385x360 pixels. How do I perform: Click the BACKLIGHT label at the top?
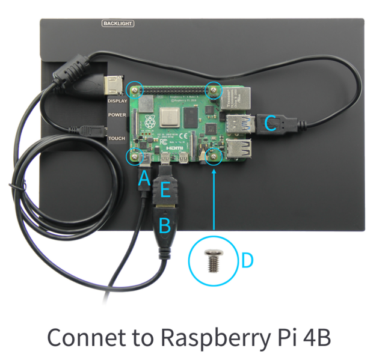[x=118, y=23]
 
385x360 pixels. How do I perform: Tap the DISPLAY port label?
[x=117, y=100]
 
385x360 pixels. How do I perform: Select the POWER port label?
[x=117, y=115]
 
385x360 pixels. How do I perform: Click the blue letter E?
[x=165, y=192]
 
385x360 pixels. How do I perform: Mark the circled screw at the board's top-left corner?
[x=135, y=90]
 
